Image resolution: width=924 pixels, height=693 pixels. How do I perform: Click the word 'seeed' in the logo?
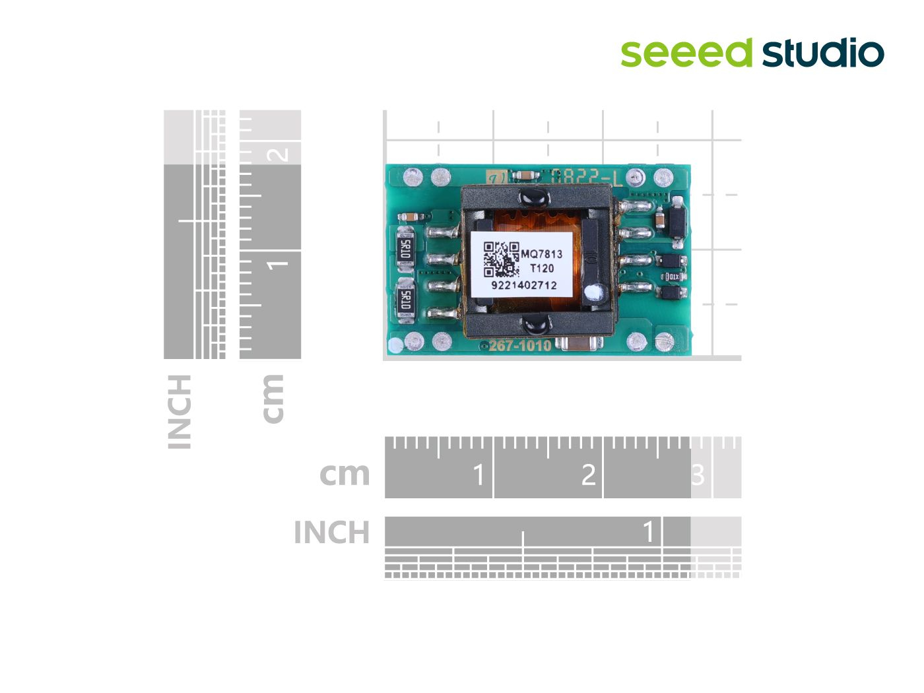(x=686, y=53)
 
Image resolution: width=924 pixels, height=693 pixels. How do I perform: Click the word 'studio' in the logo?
(x=823, y=53)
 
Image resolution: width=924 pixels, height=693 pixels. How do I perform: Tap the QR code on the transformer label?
(x=501, y=259)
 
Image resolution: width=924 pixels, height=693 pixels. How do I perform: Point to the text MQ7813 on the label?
(x=542, y=253)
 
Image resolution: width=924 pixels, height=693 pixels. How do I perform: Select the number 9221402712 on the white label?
(x=523, y=285)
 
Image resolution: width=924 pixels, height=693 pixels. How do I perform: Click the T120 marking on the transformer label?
(x=542, y=268)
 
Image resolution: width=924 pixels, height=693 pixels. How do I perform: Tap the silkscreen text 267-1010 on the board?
(x=519, y=345)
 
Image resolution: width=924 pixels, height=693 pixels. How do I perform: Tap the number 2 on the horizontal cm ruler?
(x=588, y=475)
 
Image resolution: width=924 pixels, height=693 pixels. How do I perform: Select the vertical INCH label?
(x=180, y=412)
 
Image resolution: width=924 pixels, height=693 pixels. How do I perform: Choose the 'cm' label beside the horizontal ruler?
(x=345, y=474)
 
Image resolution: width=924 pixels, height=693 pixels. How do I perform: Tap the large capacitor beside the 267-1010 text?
(x=578, y=343)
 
